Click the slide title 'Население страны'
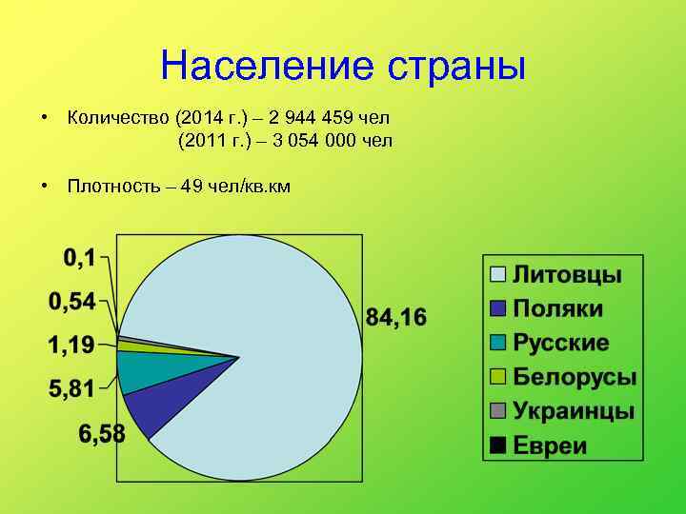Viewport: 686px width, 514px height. [x=343, y=66]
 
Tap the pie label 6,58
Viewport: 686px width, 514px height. [x=102, y=434]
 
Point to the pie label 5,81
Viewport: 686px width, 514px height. [x=72, y=388]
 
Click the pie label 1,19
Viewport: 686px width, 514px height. [x=72, y=345]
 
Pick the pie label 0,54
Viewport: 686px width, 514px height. [x=72, y=302]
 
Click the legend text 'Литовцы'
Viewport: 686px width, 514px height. [x=568, y=275]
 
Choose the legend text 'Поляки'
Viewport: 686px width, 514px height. [x=559, y=308]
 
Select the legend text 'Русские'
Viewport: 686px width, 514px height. [x=561, y=343]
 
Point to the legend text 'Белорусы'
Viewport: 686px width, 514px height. [x=575, y=377]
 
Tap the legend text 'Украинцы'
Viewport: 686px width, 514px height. [x=574, y=411]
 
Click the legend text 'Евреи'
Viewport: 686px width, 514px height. [x=551, y=445]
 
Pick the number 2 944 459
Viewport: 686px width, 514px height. [x=311, y=118]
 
